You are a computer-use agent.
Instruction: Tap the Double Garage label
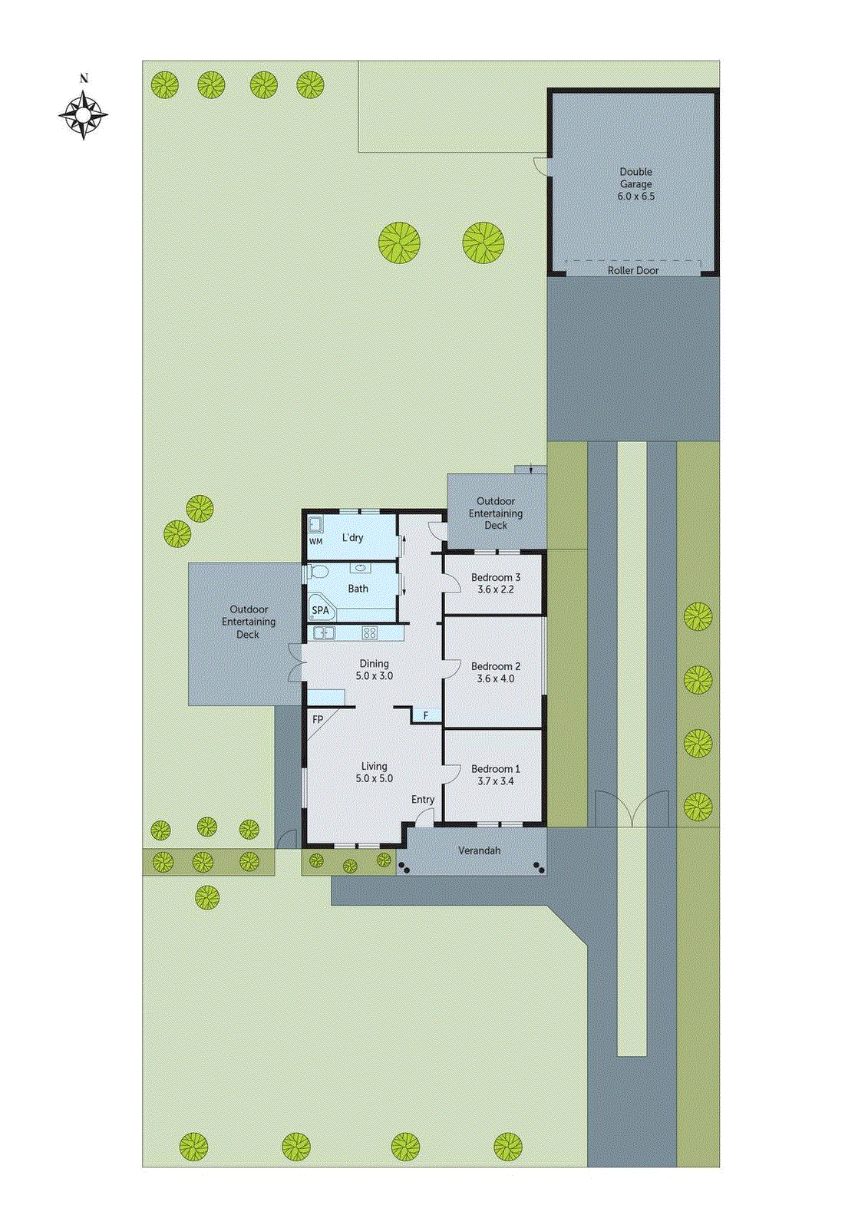click(635, 178)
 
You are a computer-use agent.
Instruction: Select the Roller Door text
click(633, 270)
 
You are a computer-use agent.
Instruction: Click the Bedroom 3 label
click(496, 577)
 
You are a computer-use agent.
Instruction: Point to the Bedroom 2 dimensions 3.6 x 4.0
click(496, 678)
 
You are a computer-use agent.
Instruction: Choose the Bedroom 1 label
click(496, 768)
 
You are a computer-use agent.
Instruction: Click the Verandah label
click(479, 850)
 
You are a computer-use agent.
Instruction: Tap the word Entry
click(423, 799)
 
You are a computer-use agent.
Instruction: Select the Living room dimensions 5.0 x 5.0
click(375, 778)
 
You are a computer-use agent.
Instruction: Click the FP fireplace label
click(318, 719)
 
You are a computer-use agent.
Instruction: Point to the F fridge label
click(426, 716)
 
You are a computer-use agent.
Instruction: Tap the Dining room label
click(375, 663)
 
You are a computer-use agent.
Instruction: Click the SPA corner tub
click(321, 609)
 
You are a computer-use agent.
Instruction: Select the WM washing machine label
click(315, 541)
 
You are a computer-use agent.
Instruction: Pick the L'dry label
click(353, 537)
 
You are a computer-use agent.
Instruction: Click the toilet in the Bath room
click(317, 572)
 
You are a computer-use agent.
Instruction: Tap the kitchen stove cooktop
click(370, 633)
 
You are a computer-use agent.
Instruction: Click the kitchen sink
click(324, 633)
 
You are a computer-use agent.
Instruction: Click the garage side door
click(542, 166)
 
